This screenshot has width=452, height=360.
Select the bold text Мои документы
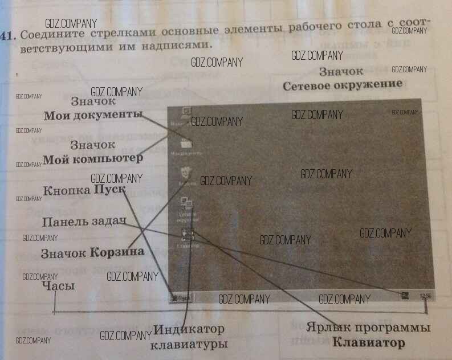click(93, 114)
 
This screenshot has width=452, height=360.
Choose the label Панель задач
click(83, 222)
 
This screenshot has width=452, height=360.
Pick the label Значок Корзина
click(91, 252)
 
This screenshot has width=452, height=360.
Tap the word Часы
click(59, 286)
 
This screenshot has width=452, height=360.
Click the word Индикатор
click(189, 330)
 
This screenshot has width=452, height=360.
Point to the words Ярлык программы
click(368, 329)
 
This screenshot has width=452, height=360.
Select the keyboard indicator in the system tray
click(404, 295)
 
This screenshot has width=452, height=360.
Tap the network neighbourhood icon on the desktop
click(186, 203)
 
